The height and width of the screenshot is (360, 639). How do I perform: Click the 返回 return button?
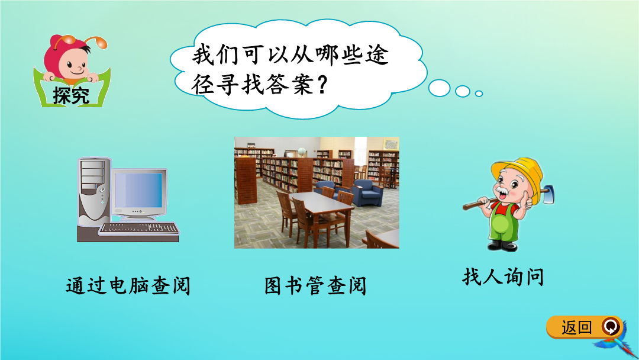tap(584, 327)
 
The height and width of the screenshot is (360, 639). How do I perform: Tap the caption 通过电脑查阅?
tap(128, 285)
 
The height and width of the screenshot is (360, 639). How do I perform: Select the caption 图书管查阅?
tap(315, 285)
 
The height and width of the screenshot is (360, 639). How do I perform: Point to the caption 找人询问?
tap(503, 277)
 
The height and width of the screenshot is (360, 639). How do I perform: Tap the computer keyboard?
tap(139, 229)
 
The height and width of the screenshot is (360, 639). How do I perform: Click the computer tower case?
tap(93, 192)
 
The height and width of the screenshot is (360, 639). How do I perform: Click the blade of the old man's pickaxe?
tap(547, 194)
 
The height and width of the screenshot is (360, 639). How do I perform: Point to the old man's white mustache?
tap(504, 191)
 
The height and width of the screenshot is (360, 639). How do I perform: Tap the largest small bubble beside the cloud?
tap(439, 88)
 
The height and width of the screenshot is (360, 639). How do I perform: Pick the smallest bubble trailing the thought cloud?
tap(479, 94)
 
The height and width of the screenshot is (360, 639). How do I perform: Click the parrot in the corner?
tap(615, 345)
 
